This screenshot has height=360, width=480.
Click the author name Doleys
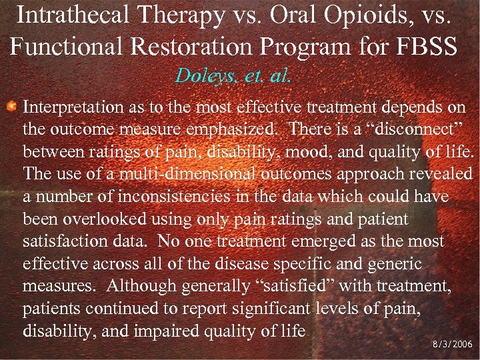click(x=200, y=75)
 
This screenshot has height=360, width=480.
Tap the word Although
click(x=140, y=286)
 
